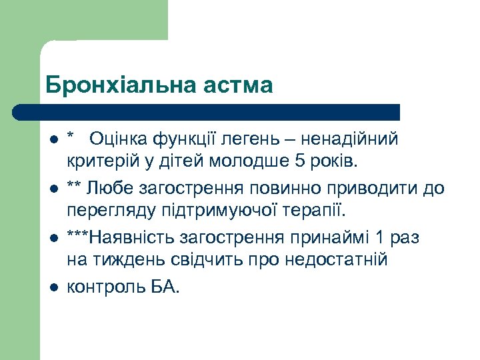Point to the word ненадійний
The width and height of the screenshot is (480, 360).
coord(349,139)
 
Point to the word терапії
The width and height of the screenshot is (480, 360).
coord(313,211)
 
